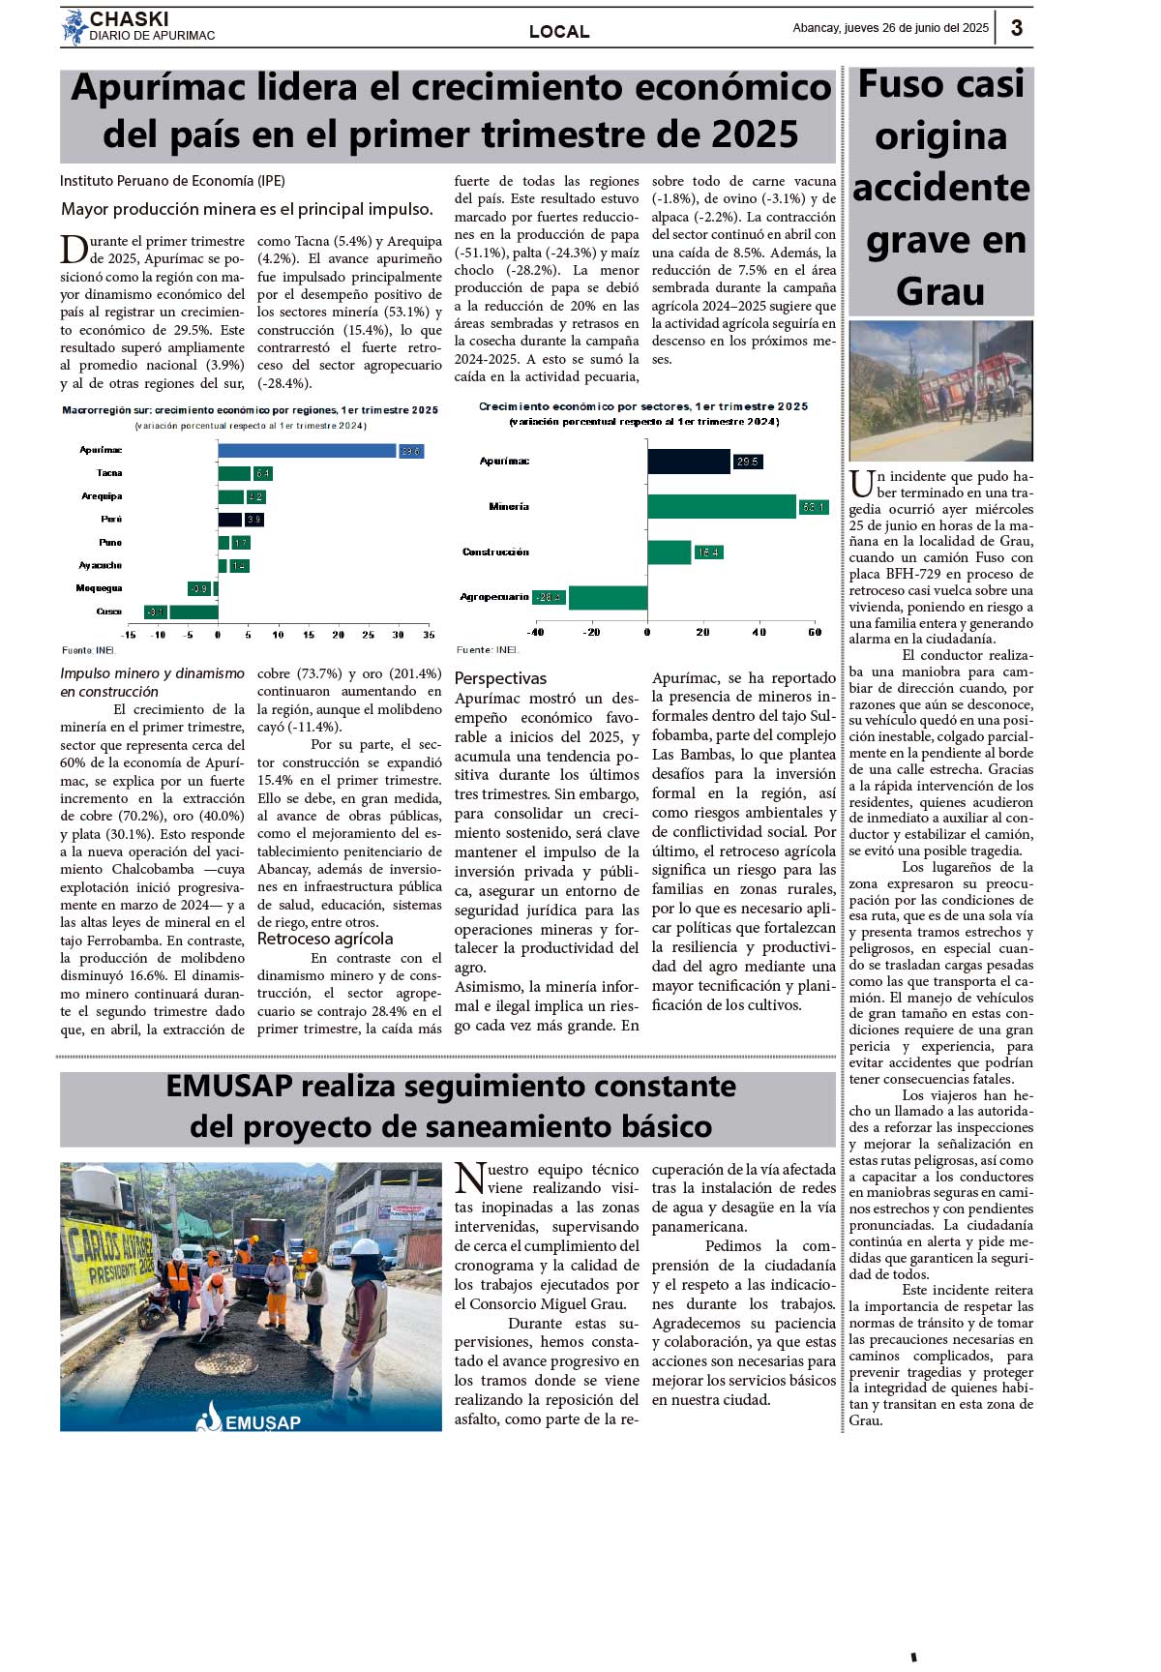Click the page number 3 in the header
1017,28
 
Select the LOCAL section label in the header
559,31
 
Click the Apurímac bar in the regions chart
307,451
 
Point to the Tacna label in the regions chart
109,473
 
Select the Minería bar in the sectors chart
721,506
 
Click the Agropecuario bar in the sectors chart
608,597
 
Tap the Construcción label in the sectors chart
495,552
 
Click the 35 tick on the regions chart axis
429,635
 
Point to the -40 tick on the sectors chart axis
535,632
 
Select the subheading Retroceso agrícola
325,939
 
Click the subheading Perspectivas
500,678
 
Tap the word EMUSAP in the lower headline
229,1087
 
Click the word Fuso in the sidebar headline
900,85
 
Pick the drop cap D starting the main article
74,250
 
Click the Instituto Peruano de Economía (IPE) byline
172,181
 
